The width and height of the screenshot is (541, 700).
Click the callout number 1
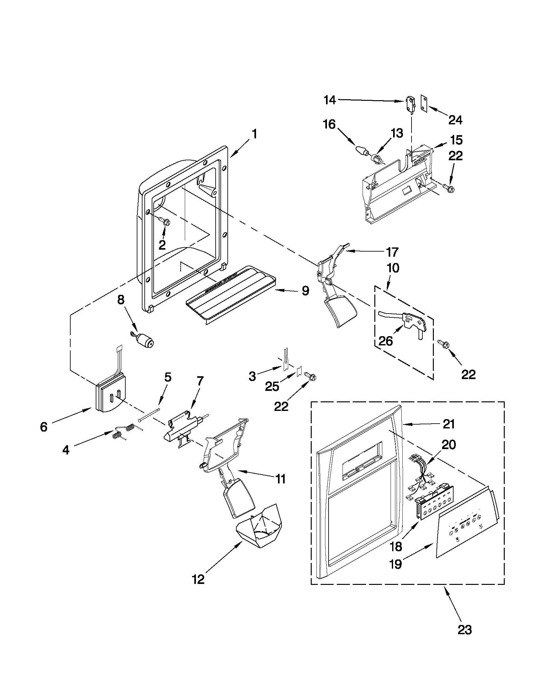[x=254, y=134]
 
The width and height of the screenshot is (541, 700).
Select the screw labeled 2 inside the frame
[x=166, y=222]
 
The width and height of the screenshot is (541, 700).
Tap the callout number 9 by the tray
[x=305, y=291]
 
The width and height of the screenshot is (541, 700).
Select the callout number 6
[x=44, y=426]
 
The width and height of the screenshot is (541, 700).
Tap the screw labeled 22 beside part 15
[x=446, y=187]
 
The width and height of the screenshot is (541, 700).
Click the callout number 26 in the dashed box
[x=385, y=341]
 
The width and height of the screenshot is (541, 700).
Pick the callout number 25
[x=272, y=387]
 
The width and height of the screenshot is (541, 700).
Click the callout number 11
[x=281, y=488]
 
